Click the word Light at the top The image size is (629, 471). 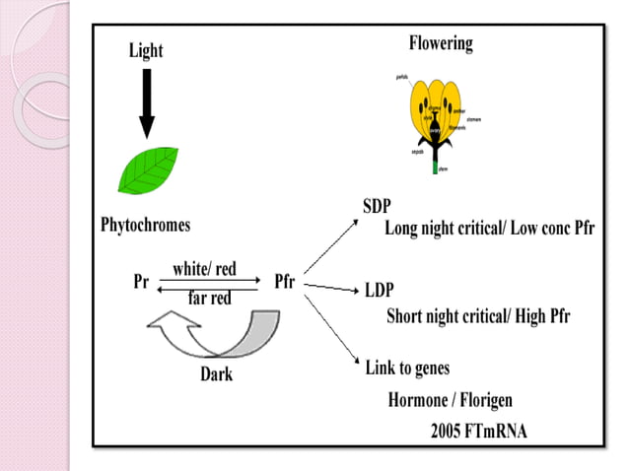point(147,50)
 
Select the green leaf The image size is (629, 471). point(148,170)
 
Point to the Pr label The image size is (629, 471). point(140,281)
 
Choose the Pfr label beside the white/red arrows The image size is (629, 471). point(284,281)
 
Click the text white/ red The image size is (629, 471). point(204,269)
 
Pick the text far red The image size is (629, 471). point(209,298)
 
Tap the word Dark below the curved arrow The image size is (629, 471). point(216,374)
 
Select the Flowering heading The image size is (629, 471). point(441,43)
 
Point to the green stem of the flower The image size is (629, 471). point(435,167)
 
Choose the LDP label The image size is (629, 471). point(380,292)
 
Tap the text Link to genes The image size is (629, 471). point(407,368)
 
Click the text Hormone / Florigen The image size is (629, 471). point(450,400)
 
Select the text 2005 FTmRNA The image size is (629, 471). point(480,431)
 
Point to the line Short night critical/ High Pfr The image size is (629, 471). point(478,316)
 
